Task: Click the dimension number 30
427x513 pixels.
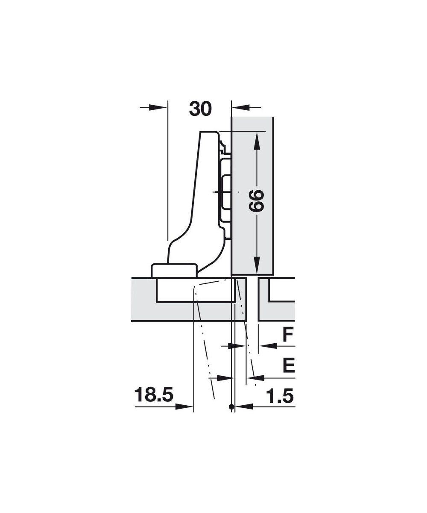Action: pos(200,109)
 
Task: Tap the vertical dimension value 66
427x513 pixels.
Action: pos(256,200)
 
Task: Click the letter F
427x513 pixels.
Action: pos(288,335)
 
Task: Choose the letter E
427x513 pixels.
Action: pos(289,372)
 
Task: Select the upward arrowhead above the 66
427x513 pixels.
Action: pos(257,141)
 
